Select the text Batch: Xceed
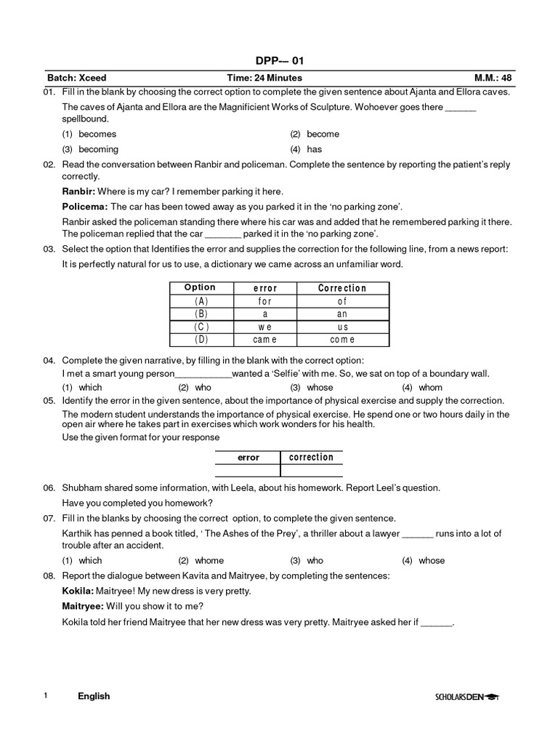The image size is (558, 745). (77, 78)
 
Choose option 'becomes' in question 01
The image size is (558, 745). (97, 134)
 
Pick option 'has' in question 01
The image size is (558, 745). (314, 149)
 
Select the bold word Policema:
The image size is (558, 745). (85, 207)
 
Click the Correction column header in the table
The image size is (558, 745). (342, 288)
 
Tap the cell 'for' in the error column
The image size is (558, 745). (264, 300)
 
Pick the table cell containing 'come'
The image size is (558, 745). (342, 339)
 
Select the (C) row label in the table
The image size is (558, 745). (201, 327)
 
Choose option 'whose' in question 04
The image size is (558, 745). (320, 388)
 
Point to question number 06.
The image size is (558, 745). (49, 487)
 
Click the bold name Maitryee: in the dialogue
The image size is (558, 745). (83, 606)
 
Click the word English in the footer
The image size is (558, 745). (94, 696)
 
